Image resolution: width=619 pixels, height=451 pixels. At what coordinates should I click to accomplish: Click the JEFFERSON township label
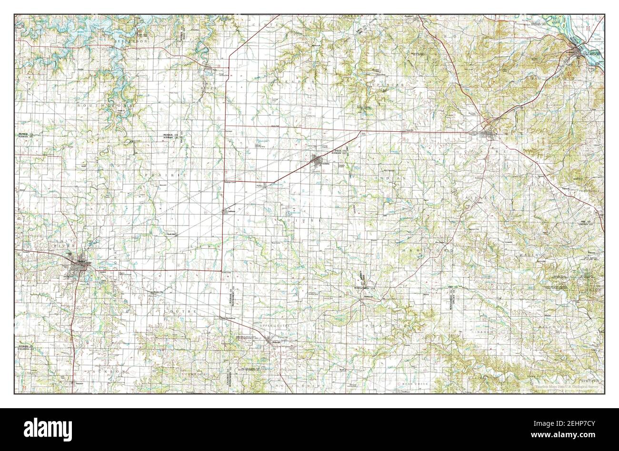click(x=130, y=42)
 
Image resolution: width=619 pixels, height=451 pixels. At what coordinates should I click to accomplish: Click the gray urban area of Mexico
click(x=79, y=269)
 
